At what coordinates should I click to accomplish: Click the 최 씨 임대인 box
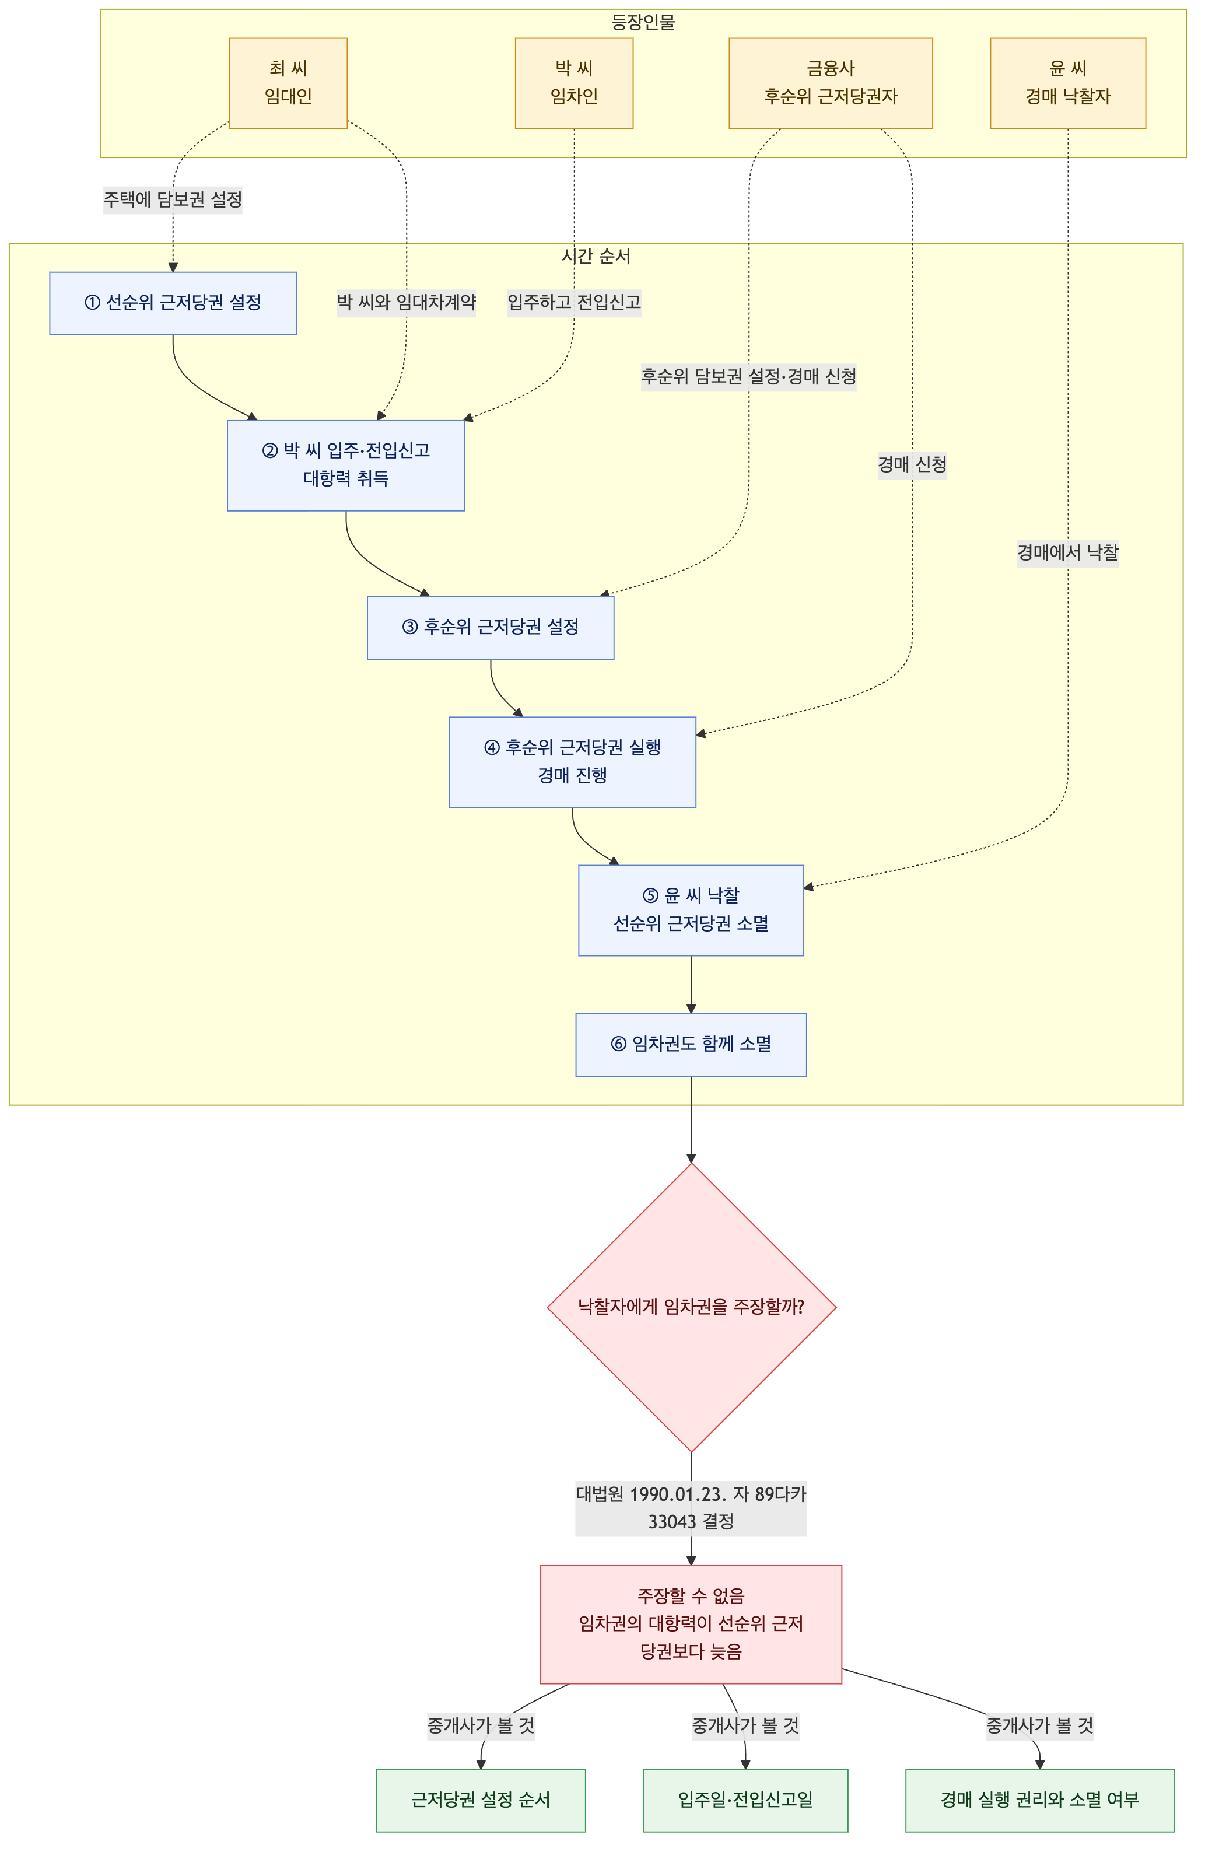[x=288, y=83]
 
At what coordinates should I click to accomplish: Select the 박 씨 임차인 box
[x=574, y=83]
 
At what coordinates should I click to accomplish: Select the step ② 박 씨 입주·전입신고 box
[x=345, y=466]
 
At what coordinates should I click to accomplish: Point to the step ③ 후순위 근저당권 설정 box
[x=491, y=628]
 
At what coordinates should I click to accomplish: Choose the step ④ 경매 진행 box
[x=572, y=761]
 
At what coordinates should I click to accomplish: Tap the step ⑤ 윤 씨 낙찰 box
[x=691, y=909]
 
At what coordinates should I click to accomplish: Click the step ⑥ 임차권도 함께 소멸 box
[x=691, y=1044]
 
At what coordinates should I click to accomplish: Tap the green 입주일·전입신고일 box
[x=745, y=1800]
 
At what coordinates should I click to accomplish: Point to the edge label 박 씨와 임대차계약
[x=406, y=302]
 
